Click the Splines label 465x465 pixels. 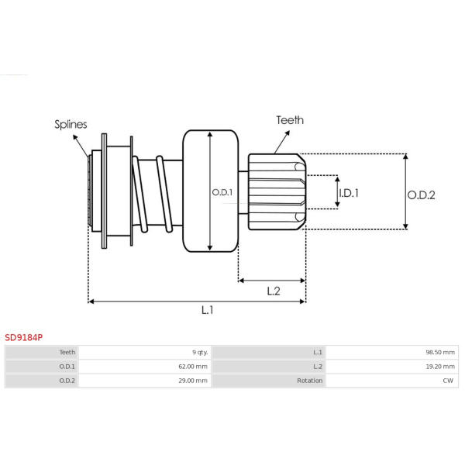tap(71, 124)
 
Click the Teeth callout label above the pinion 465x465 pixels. tap(290, 120)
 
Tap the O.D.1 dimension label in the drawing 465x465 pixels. tap(222, 192)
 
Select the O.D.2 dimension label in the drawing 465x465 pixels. tap(422, 195)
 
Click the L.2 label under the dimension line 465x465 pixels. tap(273, 291)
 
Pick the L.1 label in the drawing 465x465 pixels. tap(207, 310)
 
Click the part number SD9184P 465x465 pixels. tap(24, 338)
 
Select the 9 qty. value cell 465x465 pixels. tap(199, 352)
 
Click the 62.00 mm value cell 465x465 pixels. tap(194, 367)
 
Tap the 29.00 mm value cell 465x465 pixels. tap(194, 381)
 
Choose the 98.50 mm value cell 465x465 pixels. tap(440, 352)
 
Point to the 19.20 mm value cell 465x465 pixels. tap(440, 367)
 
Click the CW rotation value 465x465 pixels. tap(448, 381)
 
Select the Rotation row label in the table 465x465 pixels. tap(309, 381)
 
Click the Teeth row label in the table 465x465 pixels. tap(67, 352)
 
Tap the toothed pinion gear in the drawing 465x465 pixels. tap(276, 191)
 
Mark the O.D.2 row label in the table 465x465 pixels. tap(67, 381)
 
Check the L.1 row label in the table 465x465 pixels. tap(318, 352)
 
